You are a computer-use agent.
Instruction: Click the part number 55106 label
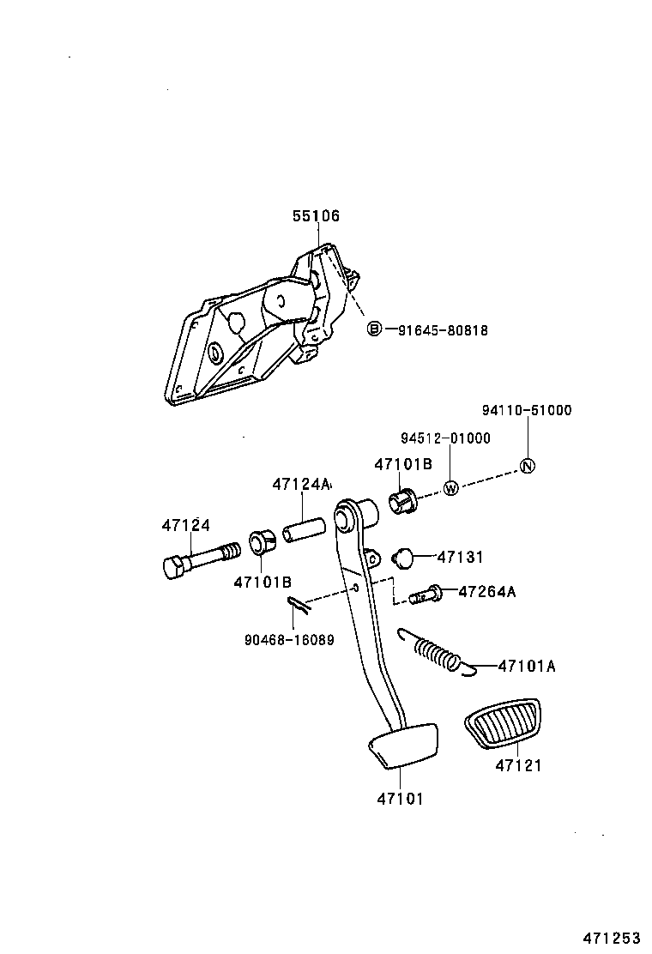(x=316, y=216)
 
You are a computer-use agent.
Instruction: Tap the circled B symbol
(x=374, y=329)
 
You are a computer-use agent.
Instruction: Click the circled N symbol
(x=528, y=466)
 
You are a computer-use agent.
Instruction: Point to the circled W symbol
(x=451, y=488)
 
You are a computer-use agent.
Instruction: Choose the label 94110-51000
(x=526, y=410)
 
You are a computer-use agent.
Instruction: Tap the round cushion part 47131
(x=403, y=557)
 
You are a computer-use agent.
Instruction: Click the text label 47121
(x=517, y=765)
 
